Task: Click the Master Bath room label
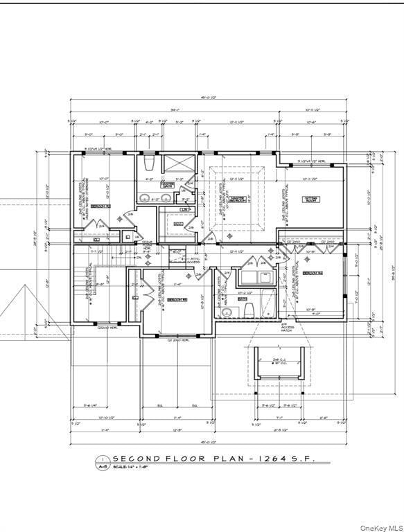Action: [x=168, y=185]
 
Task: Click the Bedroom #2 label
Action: [x=101, y=206]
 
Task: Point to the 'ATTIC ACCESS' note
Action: [x=193, y=260]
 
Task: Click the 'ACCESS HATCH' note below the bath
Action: [x=288, y=328]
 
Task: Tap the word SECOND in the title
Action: [x=137, y=459]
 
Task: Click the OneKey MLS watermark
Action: [x=380, y=527]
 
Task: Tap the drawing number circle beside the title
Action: [x=103, y=459]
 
